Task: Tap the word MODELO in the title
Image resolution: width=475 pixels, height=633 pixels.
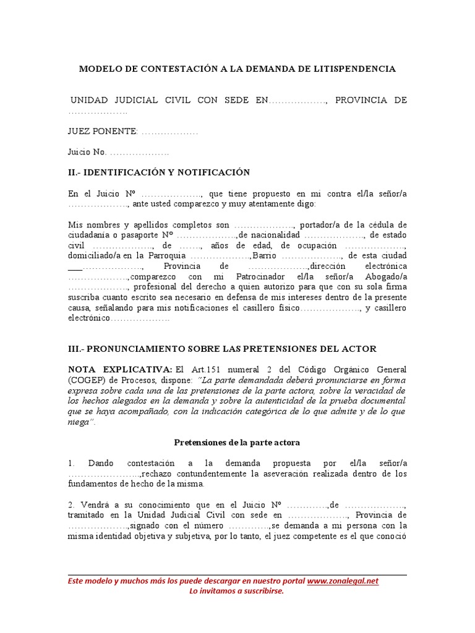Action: pos(101,69)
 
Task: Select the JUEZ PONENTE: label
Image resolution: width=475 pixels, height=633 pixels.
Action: pos(103,132)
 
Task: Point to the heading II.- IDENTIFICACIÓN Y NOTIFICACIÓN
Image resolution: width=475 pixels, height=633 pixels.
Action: pos(158,172)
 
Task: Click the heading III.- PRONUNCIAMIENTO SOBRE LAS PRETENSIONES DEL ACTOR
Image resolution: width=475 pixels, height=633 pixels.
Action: pos(221,349)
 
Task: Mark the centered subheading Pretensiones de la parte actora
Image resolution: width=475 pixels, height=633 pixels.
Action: pos(237,443)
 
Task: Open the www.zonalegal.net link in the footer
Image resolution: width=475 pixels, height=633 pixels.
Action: pos(342,581)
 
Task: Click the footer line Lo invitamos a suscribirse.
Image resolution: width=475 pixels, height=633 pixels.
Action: pos(236,592)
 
